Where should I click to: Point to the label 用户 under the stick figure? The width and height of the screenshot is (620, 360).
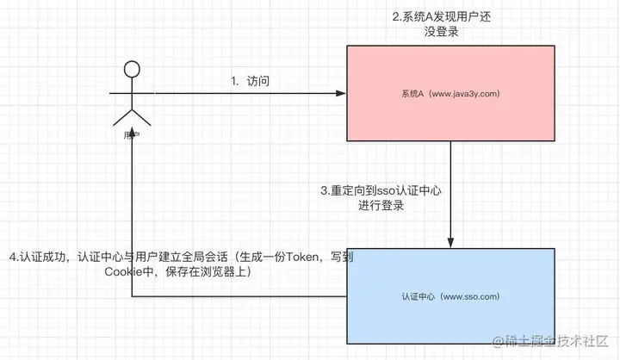(x=132, y=135)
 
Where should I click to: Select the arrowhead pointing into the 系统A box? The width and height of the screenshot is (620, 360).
(x=341, y=93)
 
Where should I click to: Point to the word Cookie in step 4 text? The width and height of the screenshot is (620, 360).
(x=123, y=272)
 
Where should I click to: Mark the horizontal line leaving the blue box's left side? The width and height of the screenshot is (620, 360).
(x=241, y=296)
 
